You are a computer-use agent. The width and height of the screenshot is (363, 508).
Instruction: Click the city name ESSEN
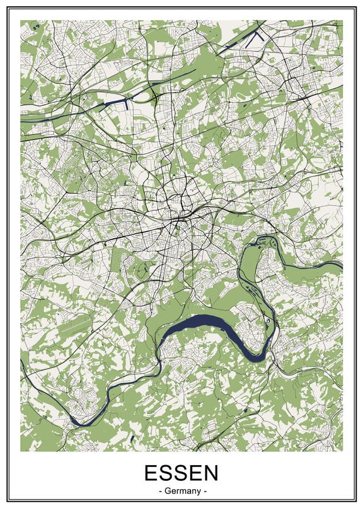181,473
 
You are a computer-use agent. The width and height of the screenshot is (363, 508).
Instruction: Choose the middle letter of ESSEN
181,473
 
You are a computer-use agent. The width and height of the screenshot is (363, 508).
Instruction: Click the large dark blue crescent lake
208,328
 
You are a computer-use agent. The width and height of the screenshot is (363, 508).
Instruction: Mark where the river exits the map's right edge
341,266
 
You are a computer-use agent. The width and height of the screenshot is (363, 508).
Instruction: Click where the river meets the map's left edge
22,363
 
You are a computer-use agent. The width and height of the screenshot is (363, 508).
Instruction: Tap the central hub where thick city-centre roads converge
183,217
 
